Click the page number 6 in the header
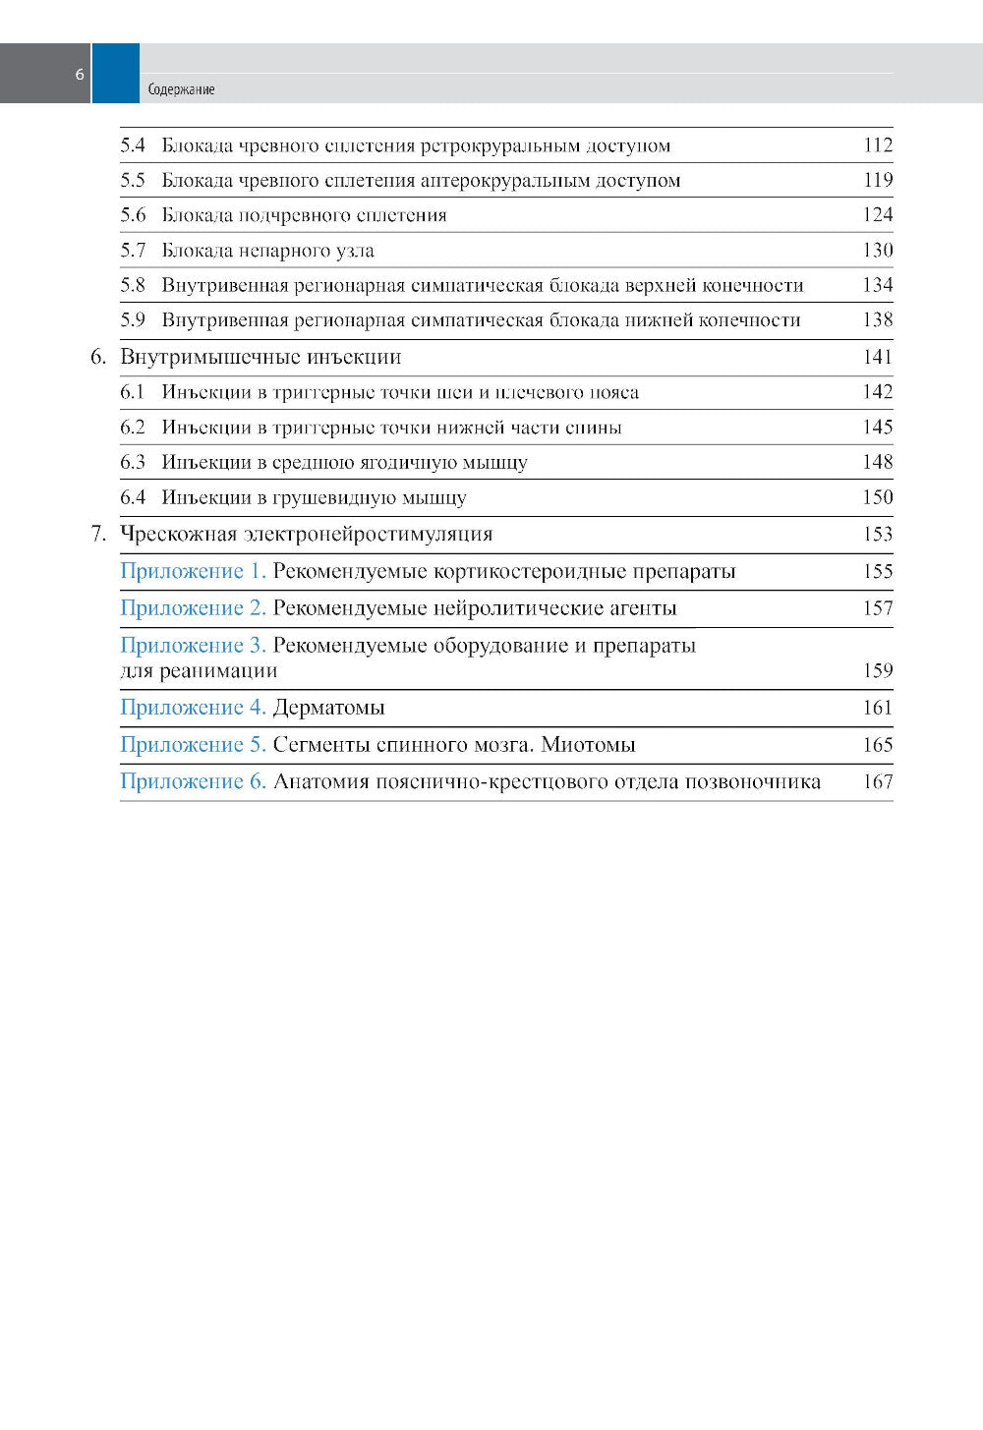pos(80,75)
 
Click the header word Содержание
pos(181,89)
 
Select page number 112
pos(877,145)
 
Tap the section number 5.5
pos(133,181)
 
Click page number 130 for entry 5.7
pos(877,251)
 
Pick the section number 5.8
pos(133,286)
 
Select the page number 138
pos(877,320)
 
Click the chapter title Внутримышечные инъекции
pos(260,357)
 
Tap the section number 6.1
pos(133,392)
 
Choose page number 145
pos(877,428)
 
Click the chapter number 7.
pos(98,535)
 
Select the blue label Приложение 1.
pos(193,572)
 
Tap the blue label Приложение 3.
pos(193,646)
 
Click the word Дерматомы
pos(328,708)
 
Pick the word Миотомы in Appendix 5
pos(588,745)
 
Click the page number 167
pos(877,782)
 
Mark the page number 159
pos(877,671)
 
